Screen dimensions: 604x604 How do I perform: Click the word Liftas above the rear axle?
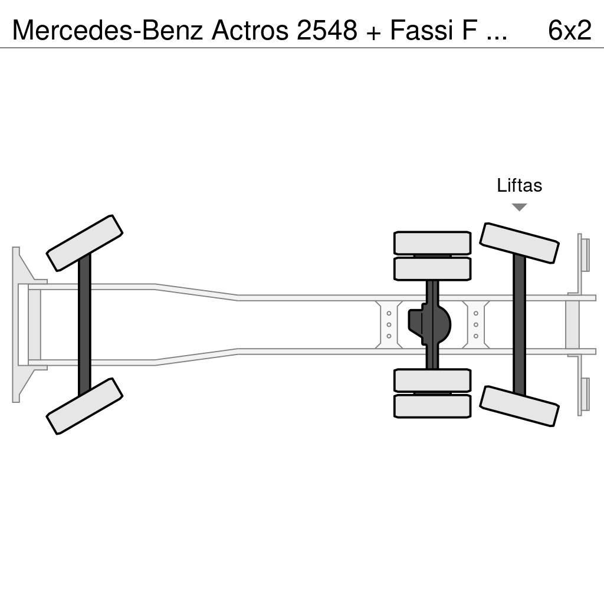[x=519, y=185]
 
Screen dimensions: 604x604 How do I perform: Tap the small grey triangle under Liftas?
[x=519, y=207]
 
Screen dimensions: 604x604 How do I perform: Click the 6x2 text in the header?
[x=569, y=29]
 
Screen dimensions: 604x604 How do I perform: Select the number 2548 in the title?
[x=327, y=29]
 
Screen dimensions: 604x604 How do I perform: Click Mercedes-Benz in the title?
[x=108, y=29]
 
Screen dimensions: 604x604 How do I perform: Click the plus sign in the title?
[x=372, y=31]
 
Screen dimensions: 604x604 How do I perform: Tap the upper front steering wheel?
[x=84, y=242]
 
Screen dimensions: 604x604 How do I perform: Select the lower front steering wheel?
[x=84, y=406]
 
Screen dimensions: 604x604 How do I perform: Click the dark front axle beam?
[x=84, y=324]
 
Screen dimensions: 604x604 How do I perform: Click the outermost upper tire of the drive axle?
[x=432, y=242]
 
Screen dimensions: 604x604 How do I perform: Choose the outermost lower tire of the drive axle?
[x=432, y=406]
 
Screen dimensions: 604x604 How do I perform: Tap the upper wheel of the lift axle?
[x=519, y=242]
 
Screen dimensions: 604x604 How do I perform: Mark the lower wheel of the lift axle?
[x=519, y=406]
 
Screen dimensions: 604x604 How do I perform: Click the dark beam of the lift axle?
[x=519, y=324]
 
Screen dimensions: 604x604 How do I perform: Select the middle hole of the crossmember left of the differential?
[x=389, y=324]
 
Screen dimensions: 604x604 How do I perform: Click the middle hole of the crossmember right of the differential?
[x=476, y=324]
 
